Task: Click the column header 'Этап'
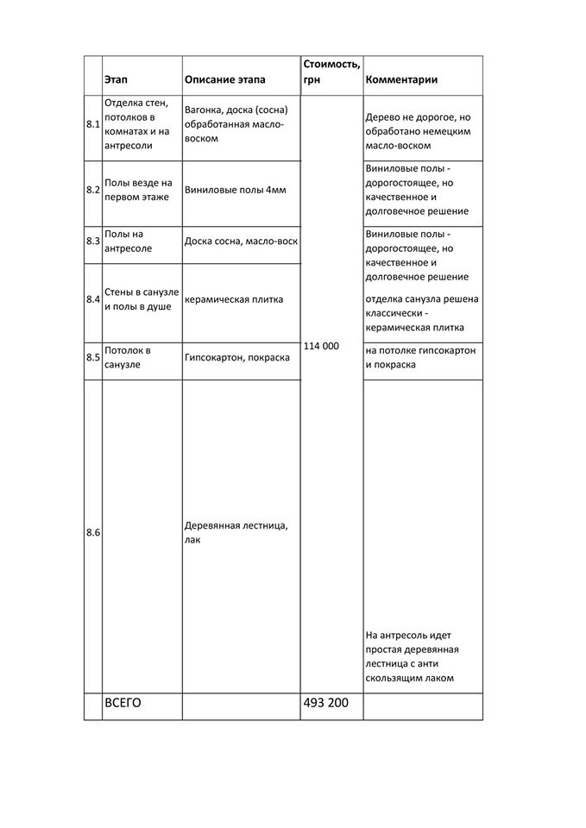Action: (116, 79)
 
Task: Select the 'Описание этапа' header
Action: (224, 79)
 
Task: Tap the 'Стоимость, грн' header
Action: (331, 72)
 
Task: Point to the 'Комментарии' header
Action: (401, 79)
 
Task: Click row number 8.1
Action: (93, 124)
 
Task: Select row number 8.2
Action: (93, 189)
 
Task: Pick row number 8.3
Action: (93, 241)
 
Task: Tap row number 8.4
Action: (93, 299)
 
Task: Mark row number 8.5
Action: (93, 357)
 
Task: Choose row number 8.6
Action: (93, 532)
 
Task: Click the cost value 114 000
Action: (321, 346)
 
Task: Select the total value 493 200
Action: (326, 703)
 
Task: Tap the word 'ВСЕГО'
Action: (122, 703)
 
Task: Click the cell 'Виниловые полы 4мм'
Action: (235, 189)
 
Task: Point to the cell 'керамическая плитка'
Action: (234, 299)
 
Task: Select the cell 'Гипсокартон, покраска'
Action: (236, 357)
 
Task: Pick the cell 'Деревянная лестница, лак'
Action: (236, 532)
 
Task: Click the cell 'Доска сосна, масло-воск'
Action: (241, 241)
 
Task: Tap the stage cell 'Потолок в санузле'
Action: (128, 357)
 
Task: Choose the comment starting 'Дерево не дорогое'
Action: (421, 131)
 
